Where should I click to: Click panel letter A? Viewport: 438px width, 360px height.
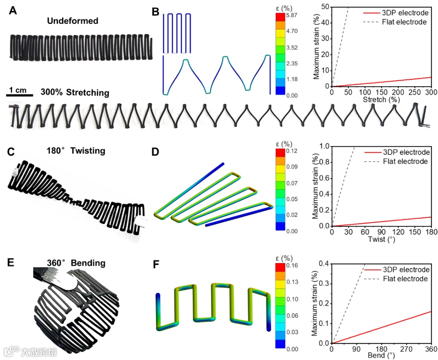[13, 11]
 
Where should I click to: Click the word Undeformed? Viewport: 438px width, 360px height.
[73, 21]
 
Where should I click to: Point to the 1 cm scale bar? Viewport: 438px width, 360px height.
[19, 96]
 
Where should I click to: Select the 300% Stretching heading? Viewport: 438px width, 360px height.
[75, 93]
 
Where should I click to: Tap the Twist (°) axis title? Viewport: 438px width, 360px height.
[381, 239]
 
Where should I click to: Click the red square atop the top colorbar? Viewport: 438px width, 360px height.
[280, 16]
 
